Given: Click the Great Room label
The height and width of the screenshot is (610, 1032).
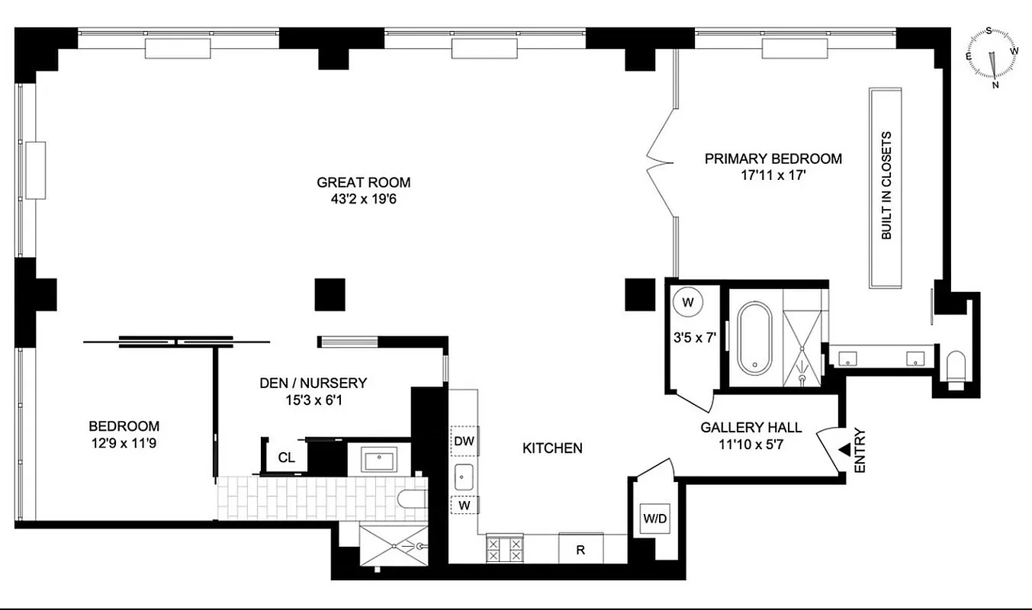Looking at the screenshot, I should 363,182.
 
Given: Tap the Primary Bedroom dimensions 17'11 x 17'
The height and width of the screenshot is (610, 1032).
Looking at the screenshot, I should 773,175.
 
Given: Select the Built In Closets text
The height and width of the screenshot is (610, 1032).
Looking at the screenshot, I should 886,186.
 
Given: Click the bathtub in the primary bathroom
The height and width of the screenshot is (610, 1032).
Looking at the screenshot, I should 754,338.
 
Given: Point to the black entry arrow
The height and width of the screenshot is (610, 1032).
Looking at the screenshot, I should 844,451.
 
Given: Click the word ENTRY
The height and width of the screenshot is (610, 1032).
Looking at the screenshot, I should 860,451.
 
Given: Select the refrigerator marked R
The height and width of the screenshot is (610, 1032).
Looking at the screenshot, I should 581,547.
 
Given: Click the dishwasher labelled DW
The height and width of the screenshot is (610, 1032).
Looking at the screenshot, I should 464,441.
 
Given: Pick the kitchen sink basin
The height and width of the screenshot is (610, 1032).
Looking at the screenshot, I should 463,477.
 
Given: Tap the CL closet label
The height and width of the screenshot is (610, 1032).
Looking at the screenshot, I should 286,457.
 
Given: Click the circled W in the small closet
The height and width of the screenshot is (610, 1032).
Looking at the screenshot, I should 688,302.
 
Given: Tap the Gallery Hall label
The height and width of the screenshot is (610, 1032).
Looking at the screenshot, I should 742,427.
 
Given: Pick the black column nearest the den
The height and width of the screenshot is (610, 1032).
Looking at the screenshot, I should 330,294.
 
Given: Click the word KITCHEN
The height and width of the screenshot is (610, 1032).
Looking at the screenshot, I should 552,448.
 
